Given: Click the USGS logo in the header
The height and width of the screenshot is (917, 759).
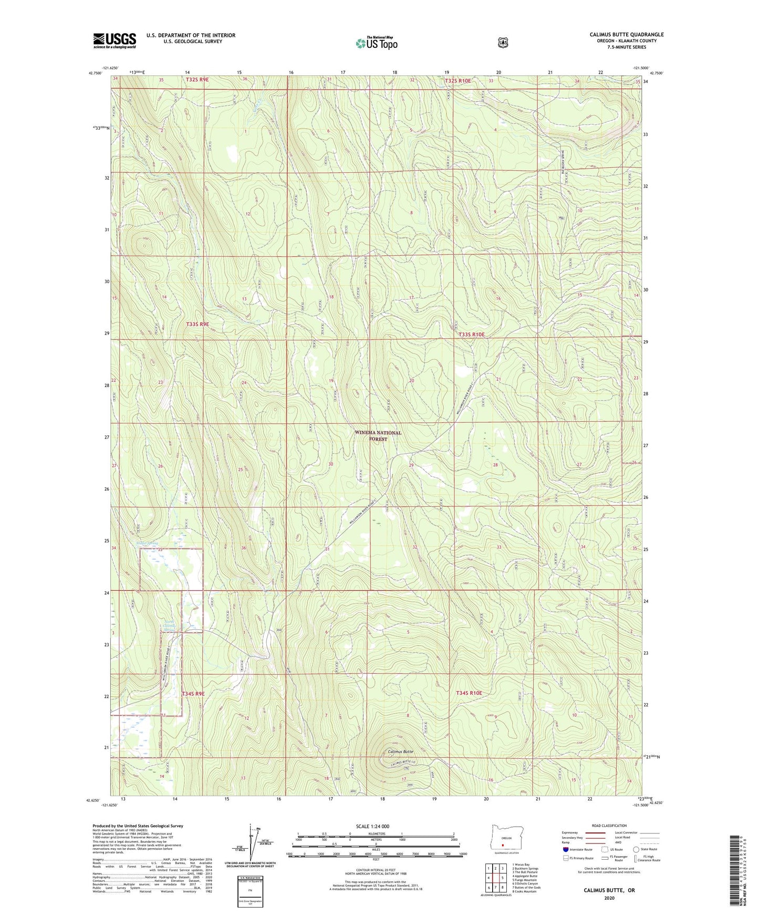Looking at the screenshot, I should click(115, 40).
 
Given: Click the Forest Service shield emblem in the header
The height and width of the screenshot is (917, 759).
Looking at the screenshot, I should click(503, 43).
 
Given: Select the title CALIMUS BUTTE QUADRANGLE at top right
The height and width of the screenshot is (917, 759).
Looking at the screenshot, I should click(626, 35).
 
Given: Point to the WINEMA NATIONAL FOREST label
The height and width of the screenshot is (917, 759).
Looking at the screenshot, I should click(378, 436).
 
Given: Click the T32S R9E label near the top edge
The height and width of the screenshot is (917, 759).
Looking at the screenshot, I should click(197, 79).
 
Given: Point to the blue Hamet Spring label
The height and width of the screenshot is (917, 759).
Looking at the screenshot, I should click(147, 543).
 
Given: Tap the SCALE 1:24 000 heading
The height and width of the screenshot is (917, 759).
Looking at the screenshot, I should click(372, 826).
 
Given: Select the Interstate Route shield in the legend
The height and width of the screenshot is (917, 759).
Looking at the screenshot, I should click(565, 849).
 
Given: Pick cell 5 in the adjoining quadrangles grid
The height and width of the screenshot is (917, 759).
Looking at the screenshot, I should click(503, 878).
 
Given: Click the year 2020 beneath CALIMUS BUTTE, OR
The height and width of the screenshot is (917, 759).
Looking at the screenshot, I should click(609, 898).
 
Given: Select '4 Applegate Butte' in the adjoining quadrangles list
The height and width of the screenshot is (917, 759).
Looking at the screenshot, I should click(525, 876).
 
